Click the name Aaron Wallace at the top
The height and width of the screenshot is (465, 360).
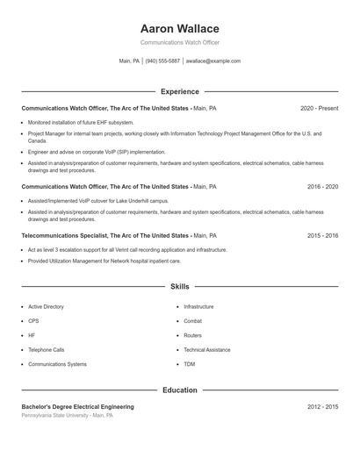pyautogui.click(x=180, y=29)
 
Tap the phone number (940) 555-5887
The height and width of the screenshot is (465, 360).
pyautogui.click(x=162, y=61)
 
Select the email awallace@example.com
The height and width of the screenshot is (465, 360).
pyautogui.click(x=212, y=61)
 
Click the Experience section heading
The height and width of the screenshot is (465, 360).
pyautogui.click(x=180, y=91)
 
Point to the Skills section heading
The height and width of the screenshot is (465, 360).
pyautogui.click(x=180, y=286)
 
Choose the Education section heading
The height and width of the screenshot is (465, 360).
pyautogui.click(x=180, y=390)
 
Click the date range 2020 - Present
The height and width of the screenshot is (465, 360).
pyautogui.click(x=319, y=108)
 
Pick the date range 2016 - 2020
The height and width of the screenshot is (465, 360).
pyautogui.click(x=322, y=187)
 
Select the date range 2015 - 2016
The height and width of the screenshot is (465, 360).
pyautogui.click(x=322, y=235)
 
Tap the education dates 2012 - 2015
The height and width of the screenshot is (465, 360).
pyautogui.click(x=322, y=407)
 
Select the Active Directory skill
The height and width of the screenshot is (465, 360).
pyautogui.click(x=46, y=307)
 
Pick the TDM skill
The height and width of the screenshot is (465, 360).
pyautogui.click(x=190, y=364)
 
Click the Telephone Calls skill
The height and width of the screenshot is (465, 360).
pyautogui.click(x=46, y=350)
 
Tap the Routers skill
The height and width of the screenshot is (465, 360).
pyautogui.click(x=192, y=335)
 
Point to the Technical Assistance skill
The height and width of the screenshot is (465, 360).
pyautogui.click(x=207, y=350)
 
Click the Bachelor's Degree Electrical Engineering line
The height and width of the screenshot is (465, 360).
pyautogui.click(x=78, y=407)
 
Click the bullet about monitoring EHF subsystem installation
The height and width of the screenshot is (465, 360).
pyautogui.click(x=81, y=123)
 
